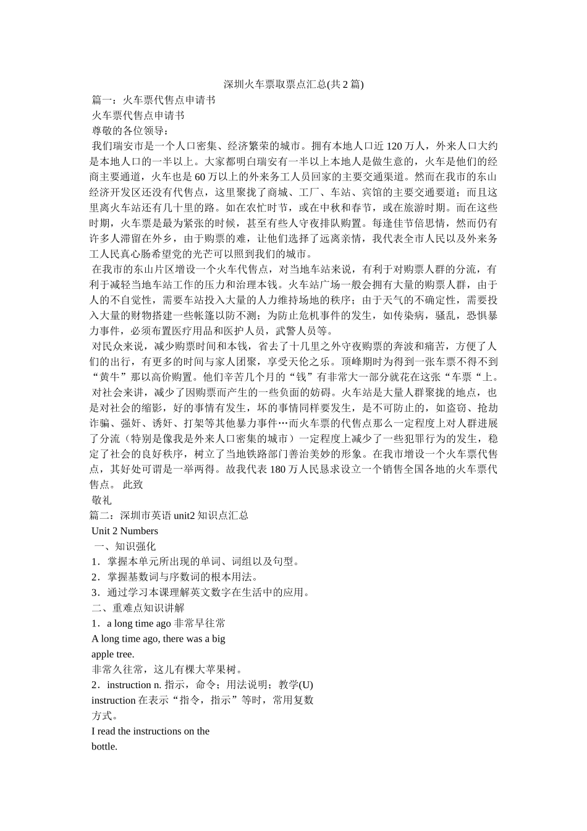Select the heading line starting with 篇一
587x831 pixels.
click(153, 100)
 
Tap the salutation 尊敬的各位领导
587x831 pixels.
click(130, 130)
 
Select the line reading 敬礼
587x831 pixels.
click(101, 500)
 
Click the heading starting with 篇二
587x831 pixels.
click(169, 515)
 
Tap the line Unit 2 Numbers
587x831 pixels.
click(125, 531)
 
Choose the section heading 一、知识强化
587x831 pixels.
click(125, 546)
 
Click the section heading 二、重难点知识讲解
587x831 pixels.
click(138, 607)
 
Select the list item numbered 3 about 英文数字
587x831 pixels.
click(200, 592)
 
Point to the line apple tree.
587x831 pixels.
click(113, 654)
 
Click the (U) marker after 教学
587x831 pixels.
click(305, 684)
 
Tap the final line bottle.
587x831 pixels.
click(104, 746)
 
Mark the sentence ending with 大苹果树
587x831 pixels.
click(166, 669)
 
